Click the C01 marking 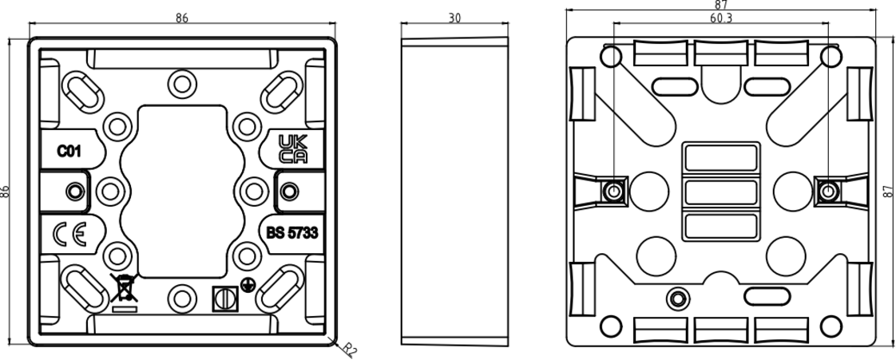coord(69,152)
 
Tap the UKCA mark coord(292,149)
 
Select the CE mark coord(69,235)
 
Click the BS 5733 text coord(292,233)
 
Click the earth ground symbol coord(248,284)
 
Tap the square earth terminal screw coord(225,299)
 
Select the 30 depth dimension coord(454,18)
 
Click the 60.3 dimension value coord(721,18)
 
